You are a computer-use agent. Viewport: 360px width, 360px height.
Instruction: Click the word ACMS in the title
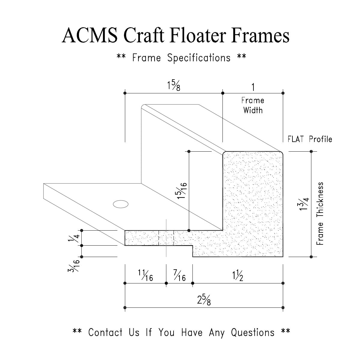pos(89,36)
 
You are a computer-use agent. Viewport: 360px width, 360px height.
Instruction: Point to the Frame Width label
pos(253,105)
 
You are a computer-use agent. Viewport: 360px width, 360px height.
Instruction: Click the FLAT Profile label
pos(310,139)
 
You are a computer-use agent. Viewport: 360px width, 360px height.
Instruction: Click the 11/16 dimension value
pos(145,276)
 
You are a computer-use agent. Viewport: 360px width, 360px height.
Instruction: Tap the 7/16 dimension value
pos(180,276)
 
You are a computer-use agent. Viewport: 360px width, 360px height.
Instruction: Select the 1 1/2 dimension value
pos(237,276)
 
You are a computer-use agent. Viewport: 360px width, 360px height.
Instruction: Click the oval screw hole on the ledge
pos(121,204)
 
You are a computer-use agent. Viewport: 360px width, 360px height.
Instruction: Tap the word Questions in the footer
pos(253,332)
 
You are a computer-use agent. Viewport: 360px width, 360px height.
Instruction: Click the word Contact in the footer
pos(105,332)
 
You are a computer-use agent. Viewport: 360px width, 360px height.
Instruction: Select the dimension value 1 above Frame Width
pos(253,87)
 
